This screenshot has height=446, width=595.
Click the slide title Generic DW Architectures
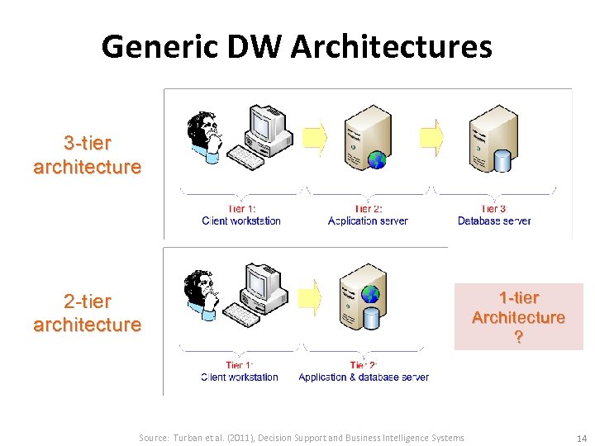pos(297,46)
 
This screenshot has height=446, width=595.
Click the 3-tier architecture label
pos(87,154)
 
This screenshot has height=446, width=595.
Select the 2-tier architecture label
pos(87,312)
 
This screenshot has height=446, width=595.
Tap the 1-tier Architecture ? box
pos(518,317)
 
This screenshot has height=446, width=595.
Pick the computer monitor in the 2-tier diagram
pos(263,284)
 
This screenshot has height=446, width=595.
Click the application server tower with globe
pos(366,138)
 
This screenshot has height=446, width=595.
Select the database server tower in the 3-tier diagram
pos(493,138)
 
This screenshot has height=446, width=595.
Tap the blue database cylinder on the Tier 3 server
pos(502,160)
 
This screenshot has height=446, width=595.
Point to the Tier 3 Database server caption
pos(494,216)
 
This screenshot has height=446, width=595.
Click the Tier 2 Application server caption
pos(368,216)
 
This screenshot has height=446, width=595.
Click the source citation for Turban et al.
pos(302,438)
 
